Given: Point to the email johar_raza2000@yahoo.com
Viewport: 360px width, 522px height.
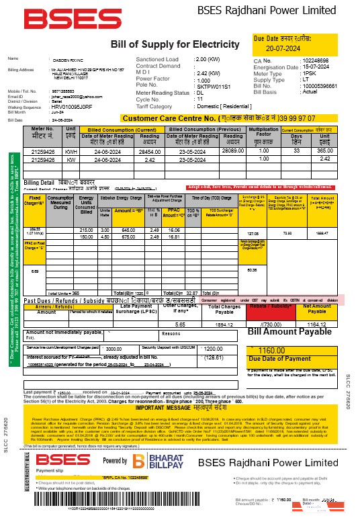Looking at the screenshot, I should (x=66, y=97).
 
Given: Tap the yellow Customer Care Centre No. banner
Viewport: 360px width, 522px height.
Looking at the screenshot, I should (x=228, y=118).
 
